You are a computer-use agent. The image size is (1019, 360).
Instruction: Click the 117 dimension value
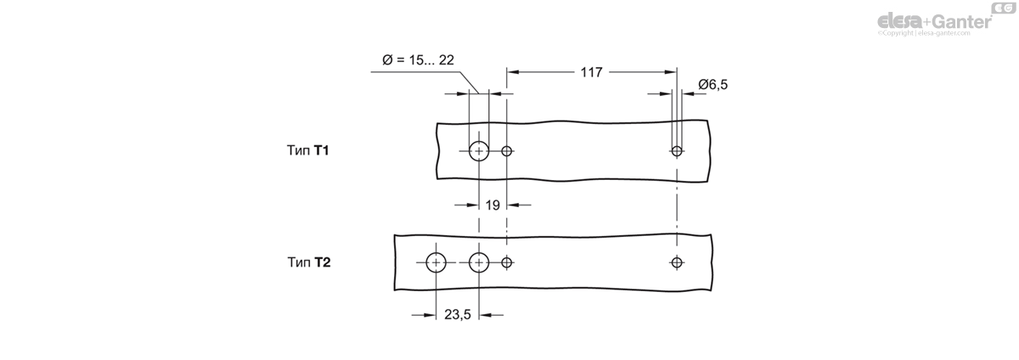[x=591, y=72]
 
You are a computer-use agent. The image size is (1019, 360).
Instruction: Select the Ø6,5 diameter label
[x=712, y=85]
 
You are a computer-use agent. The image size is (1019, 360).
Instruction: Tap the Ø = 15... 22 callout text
[x=418, y=60]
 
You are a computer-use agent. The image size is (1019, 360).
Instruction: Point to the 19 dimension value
[x=493, y=205]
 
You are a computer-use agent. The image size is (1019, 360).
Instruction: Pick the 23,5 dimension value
[x=458, y=314]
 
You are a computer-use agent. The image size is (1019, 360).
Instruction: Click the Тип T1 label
[x=308, y=150]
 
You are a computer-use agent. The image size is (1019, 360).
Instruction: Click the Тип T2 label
[x=309, y=262]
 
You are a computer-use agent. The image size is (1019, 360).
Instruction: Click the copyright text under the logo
[x=924, y=33]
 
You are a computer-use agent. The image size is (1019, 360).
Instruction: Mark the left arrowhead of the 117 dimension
[x=513, y=72]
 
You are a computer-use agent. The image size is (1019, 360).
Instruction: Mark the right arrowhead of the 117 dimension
[x=671, y=72]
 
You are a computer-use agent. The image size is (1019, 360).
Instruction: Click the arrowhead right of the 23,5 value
[x=486, y=314]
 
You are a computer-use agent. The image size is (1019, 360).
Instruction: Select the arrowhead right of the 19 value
[x=513, y=205]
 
